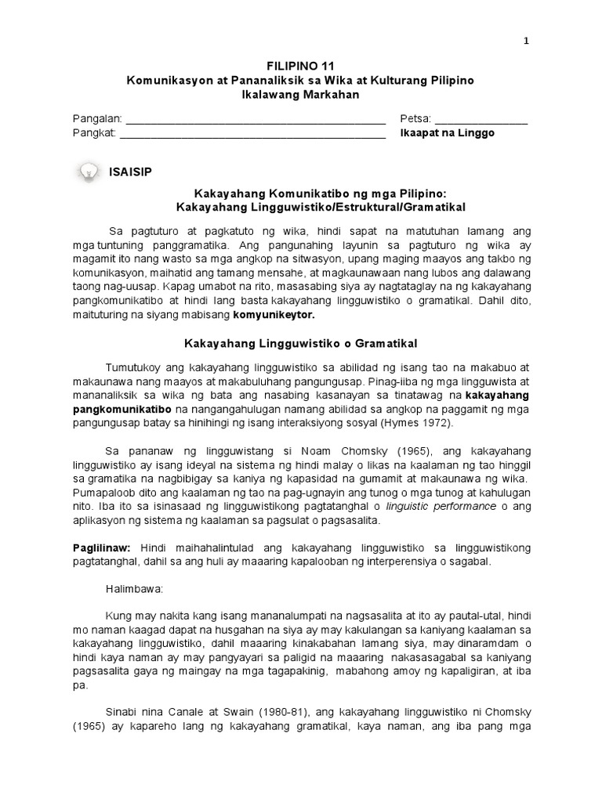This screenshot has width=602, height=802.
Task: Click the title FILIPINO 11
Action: pyautogui.click(x=301, y=67)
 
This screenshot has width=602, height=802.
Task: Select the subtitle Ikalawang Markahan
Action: pyautogui.click(x=301, y=95)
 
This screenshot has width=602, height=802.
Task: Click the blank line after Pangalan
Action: pyautogui.click(x=256, y=121)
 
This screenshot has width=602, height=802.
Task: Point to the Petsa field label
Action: pyautogui.click(x=415, y=119)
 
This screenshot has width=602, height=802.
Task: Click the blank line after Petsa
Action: pyautogui.click(x=481, y=121)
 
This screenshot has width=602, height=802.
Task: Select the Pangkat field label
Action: pyautogui.click(x=94, y=133)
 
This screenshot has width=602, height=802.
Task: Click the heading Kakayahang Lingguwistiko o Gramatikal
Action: pyautogui.click(x=300, y=343)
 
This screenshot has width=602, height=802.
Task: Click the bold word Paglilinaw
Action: pyautogui.click(x=101, y=546)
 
